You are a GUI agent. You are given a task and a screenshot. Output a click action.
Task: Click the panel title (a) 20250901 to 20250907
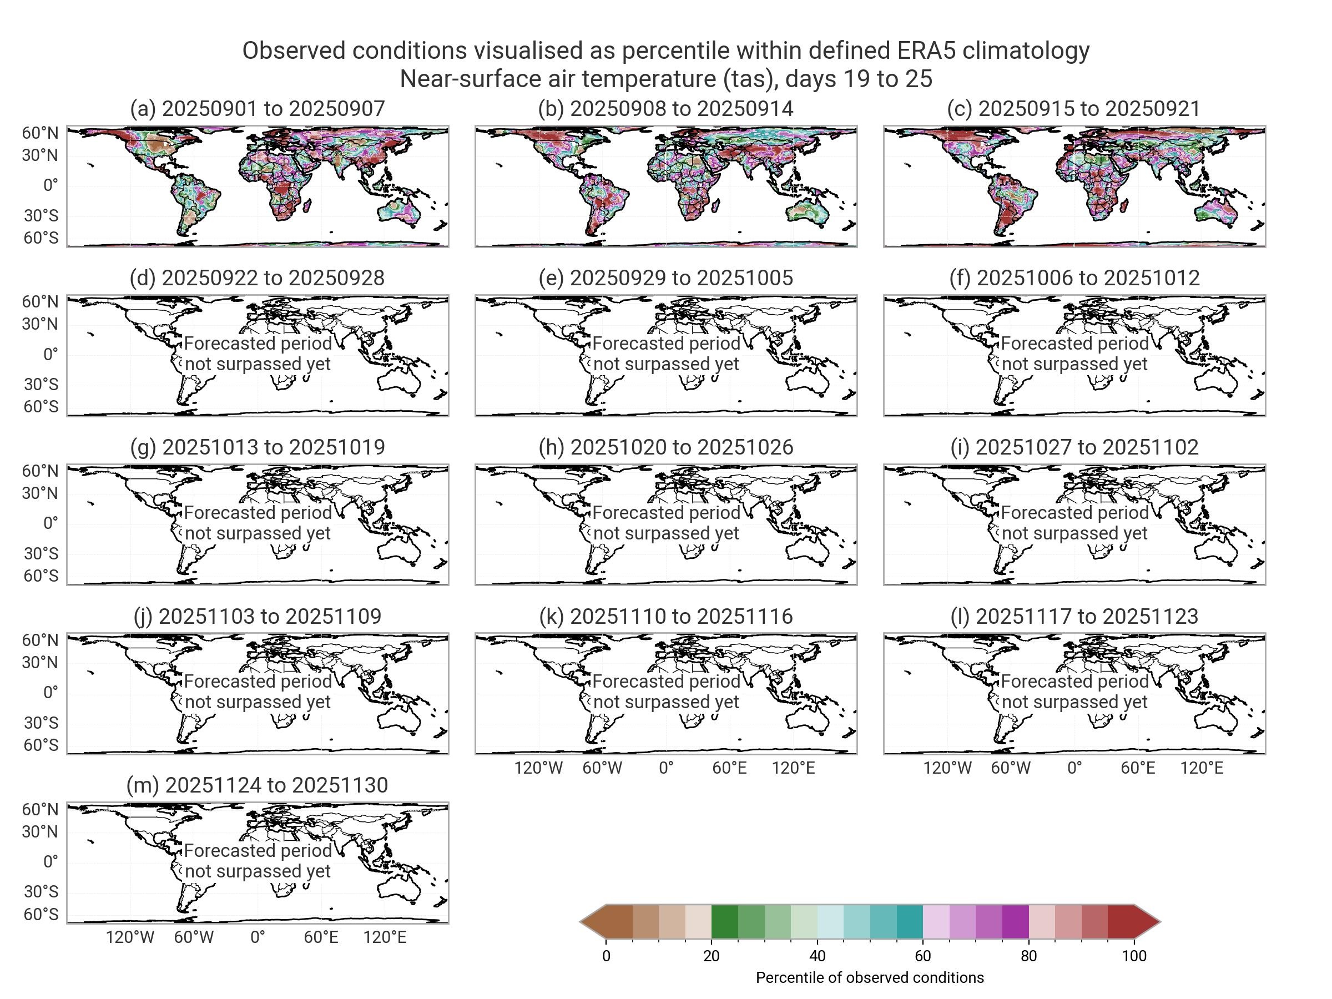click(257, 109)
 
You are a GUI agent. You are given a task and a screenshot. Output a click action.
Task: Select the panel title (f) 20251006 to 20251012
click(1074, 278)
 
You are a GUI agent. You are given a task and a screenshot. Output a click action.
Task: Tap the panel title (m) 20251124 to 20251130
click(257, 785)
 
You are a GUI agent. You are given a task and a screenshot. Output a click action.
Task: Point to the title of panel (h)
click(665, 447)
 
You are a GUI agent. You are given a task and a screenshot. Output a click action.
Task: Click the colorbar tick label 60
click(922, 956)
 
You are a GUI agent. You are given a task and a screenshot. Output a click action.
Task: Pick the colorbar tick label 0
click(606, 956)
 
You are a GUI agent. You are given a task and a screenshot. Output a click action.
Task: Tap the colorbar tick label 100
click(1134, 956)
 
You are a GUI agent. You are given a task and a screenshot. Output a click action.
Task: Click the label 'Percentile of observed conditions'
click(870, 977)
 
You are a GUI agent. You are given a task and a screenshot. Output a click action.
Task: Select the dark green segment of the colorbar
click(724, 921)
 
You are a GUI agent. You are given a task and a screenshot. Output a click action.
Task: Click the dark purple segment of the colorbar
click(1015, 921)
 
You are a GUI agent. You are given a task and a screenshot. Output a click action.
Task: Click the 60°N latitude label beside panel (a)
click(41, 133)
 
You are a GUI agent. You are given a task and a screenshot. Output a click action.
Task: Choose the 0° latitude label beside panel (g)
click(51, 523)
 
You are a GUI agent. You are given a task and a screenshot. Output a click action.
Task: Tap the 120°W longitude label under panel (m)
click(130, 937)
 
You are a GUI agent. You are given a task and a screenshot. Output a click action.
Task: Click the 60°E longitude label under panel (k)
click(729, 768)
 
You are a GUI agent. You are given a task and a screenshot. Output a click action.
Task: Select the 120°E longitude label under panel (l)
click(1202, 768)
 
